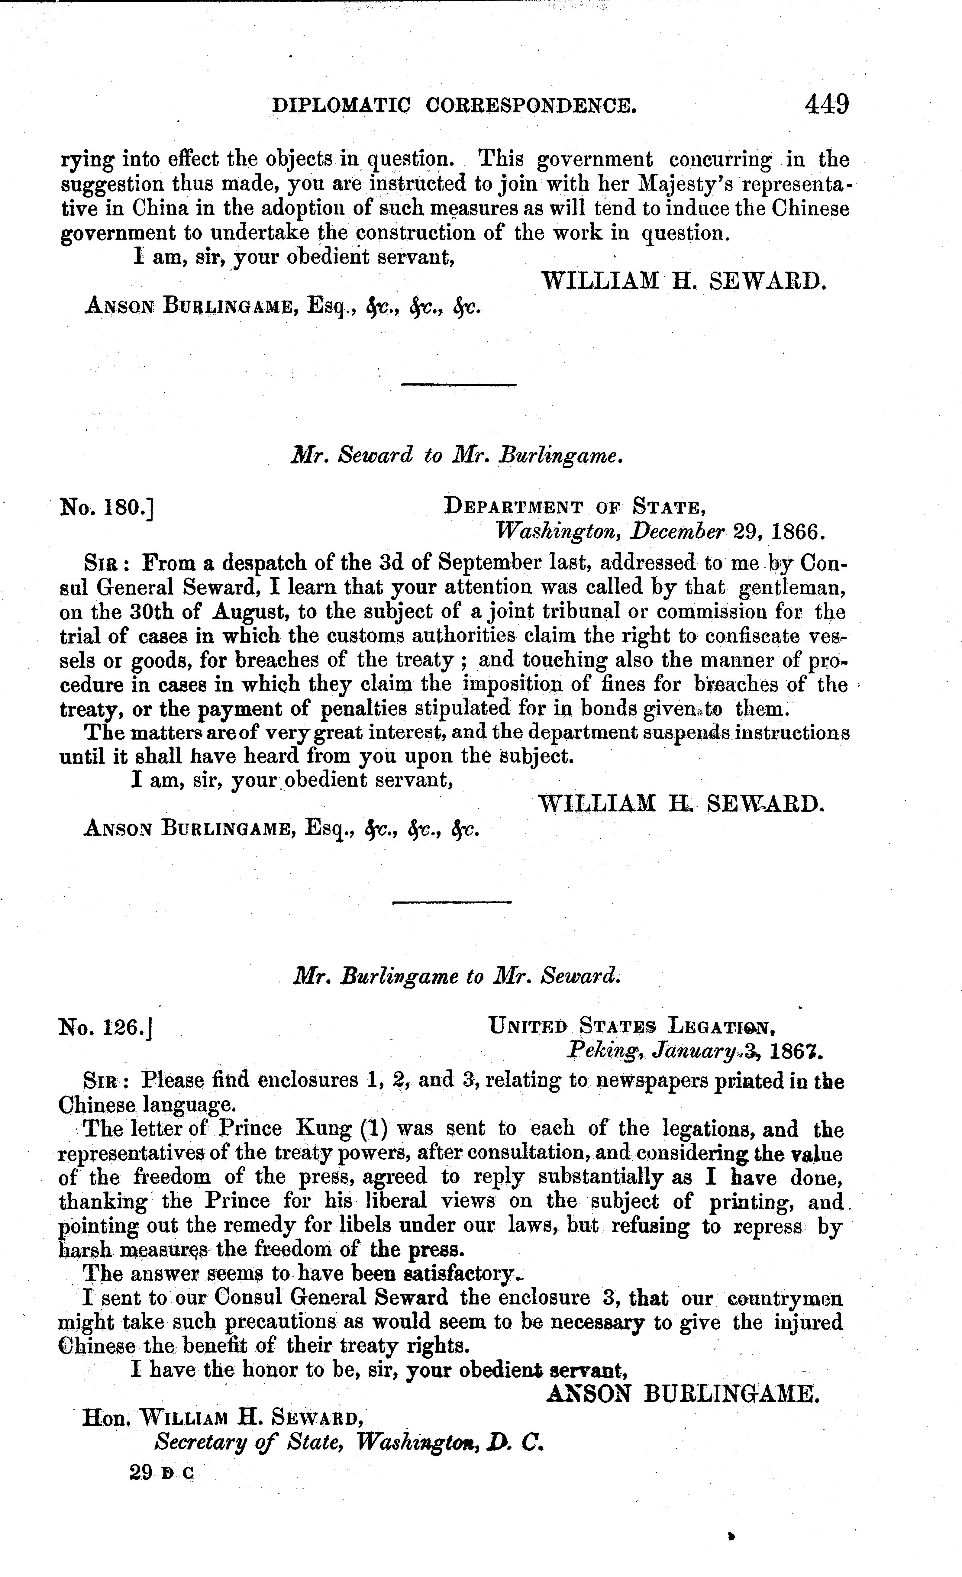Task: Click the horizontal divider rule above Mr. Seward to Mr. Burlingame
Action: (458, 384)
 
